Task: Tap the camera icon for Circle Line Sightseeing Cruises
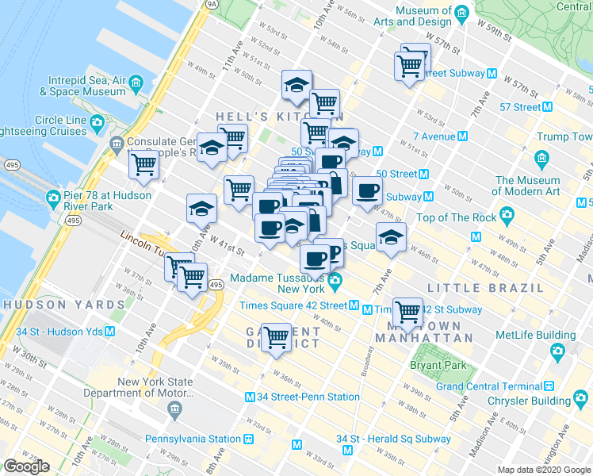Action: coord(98,121)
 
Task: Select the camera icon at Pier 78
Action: coord(54,197)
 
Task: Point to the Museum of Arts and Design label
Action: coord(412,15)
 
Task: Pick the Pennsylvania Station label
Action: coord(202,438)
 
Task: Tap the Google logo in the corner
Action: coord(27,466)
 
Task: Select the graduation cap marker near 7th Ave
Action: coord(391,237)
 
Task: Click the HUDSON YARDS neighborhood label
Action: coord(50,304)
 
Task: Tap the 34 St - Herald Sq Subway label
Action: coord(393,439)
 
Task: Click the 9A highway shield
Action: coord(210,4)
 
